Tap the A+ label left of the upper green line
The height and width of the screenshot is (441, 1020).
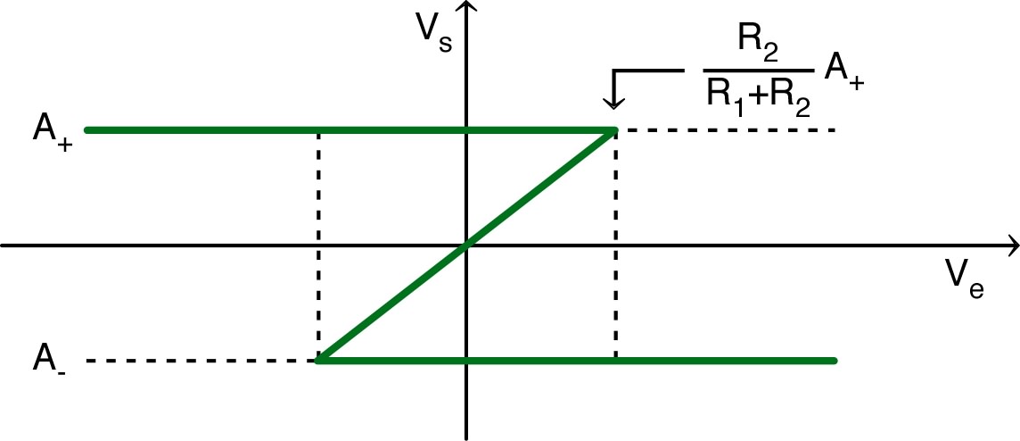point(53,133)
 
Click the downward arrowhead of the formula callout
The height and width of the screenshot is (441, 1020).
point(614,99)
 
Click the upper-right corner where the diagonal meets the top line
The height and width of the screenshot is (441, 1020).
point(613,131)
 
